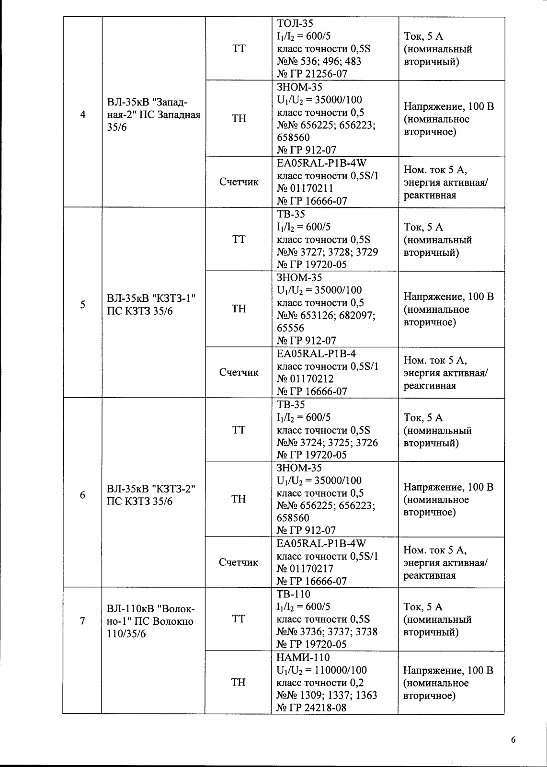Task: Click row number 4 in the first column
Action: [x=83, y=115]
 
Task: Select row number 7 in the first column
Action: [x=83, y=621]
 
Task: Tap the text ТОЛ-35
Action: [x=295, y=23]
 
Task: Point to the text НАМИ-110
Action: [x=303, y=657]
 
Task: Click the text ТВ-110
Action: [x=294, y=594]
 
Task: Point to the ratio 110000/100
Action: [x=337, y=670]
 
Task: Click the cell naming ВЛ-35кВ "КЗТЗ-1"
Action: [x=151, y=305]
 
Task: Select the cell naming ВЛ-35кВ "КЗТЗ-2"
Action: [x=151, y=495]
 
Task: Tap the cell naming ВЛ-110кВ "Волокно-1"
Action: [x=150, y=621]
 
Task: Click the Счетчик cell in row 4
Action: [x=239, y=182]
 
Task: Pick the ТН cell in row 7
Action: [x=238, y=682]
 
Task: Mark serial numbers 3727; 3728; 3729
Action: [x=328, y=252]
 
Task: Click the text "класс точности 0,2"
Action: [x=320, y=683]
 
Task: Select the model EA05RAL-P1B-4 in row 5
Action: [x=316, y=354]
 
